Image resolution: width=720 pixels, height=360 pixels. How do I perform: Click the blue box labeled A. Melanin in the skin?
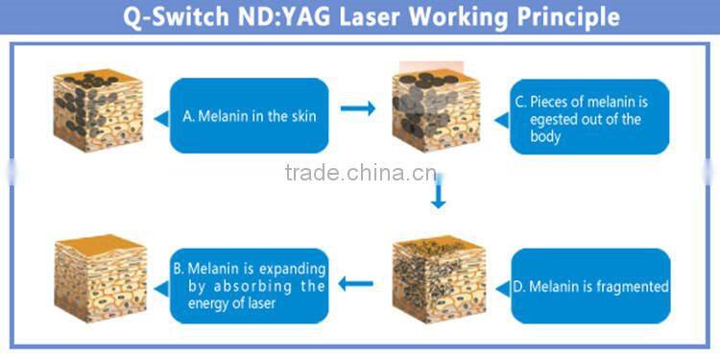pyautogui.click(x=250, y=115)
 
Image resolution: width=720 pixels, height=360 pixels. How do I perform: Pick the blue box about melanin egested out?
pyautogui.click(x=588, y=117)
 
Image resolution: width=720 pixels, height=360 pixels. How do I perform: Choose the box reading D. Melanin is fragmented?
pyautogui.click(x=589, y=286)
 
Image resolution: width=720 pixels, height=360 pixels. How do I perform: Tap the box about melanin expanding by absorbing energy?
pyautogui.click(x=250, y=286)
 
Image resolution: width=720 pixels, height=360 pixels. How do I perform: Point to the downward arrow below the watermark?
pyautogui.click(x=438, y=196)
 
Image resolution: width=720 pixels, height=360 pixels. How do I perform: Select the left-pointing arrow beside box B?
pyautogui.click(x=357, y=283)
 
